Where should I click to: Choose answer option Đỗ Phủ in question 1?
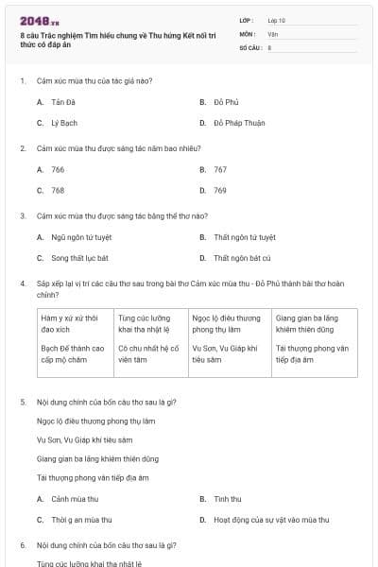(x=225, y=101)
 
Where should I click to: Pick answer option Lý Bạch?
(x=64, y=123)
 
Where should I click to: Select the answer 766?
(x=58, y=169)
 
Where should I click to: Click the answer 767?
(x=220, y=169)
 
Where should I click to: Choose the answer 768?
(x=58, y=190)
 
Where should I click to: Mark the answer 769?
(x=220, y=190)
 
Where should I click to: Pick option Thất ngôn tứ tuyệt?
(x=245, y=237)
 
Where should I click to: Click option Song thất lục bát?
(x=80, y=258)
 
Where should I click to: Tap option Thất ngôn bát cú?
(x=242, y=258)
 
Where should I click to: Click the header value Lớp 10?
(x=276, y=20)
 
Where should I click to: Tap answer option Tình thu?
(x=228, y=498)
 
